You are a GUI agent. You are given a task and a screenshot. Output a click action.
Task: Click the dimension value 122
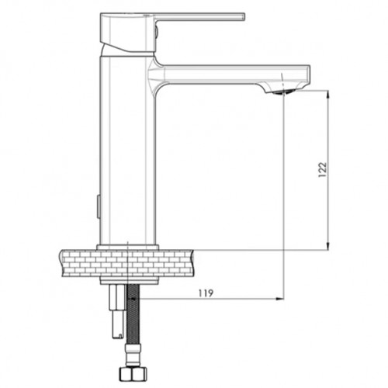(x=323, y=169)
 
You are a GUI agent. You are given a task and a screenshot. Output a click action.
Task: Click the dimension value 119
(x=206, y=293)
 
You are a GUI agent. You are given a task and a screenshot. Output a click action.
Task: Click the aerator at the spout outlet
(x=285, y=92)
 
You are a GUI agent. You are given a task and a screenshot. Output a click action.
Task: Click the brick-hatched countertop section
(x=127, y=263)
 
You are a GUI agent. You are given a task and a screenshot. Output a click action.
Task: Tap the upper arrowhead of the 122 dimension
(x=327, y=95)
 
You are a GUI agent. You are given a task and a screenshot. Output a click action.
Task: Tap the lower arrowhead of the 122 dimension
(x=327, y=246)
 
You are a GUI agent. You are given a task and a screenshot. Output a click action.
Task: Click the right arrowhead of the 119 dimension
(x=280, y=299)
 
